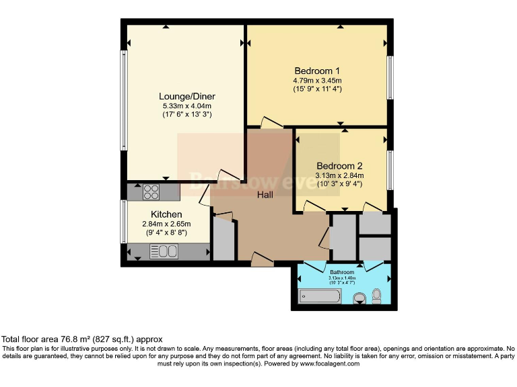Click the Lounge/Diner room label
point(186,96)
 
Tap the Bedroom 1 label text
point(317,71)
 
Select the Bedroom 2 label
point(340,166)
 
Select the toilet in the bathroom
point(376,295)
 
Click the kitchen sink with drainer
point(164,252)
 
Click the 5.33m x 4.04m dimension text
point(186,105)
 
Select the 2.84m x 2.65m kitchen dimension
point(167,224)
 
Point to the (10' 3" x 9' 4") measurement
point(340,184)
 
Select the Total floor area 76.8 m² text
point(82,339)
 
